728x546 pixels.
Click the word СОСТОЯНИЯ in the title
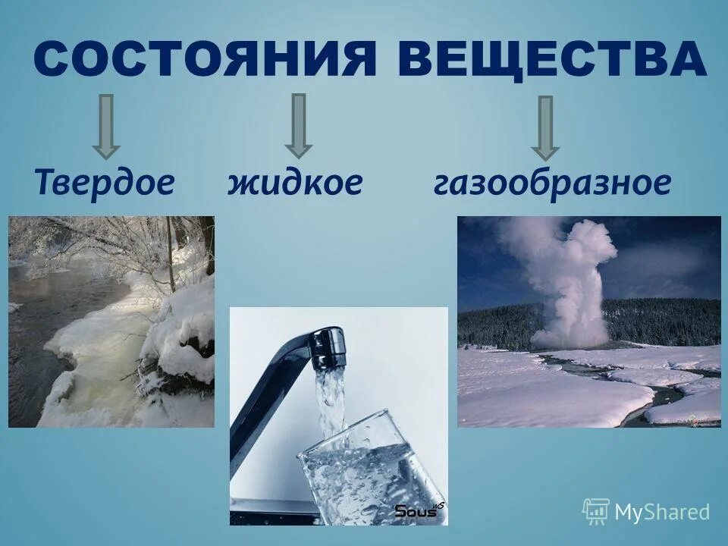[205, 59]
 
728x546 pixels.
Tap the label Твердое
[105, 184]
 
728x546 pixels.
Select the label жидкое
[295, 184]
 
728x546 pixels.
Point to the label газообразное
[552, 184]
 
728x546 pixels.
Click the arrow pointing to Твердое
[106, 125]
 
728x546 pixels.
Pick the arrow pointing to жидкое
[298, 125]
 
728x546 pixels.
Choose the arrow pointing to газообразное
[545, 127]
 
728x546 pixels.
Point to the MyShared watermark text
[662, 512]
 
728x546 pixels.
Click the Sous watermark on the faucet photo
[416, 511]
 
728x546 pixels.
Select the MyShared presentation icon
[595, 512]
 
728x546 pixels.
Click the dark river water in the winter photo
[45, 318]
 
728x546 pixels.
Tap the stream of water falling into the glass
[331, 402]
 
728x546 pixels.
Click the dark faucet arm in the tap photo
[265, 402]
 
